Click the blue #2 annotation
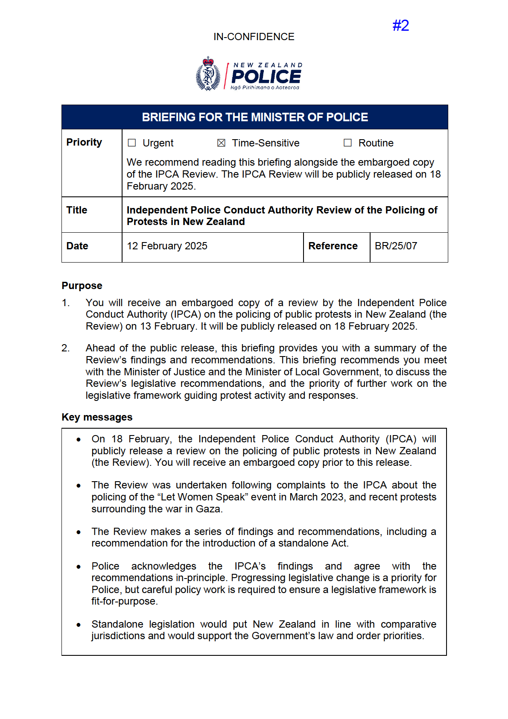[x=400, y=26]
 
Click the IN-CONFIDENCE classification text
[x=254, y=37]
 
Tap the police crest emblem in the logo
[x=208, y=74]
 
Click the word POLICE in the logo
[x=266, y=77]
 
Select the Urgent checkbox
[x=132, y=143]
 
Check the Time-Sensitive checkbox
[x=221, y=143]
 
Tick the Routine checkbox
[x=348, y=143]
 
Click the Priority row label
[x=84, y=142]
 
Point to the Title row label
[x=77, y=210]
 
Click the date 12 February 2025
[x=167, y=246]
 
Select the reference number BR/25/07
[x=396, y=246]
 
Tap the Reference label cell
[x=333, y=246]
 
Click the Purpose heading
[x=82, y=286]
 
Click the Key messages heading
[x=97, y=417]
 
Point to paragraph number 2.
[x=65, y=348]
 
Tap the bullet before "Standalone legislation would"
[x=79, y=625]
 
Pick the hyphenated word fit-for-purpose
[x=124, y=601]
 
